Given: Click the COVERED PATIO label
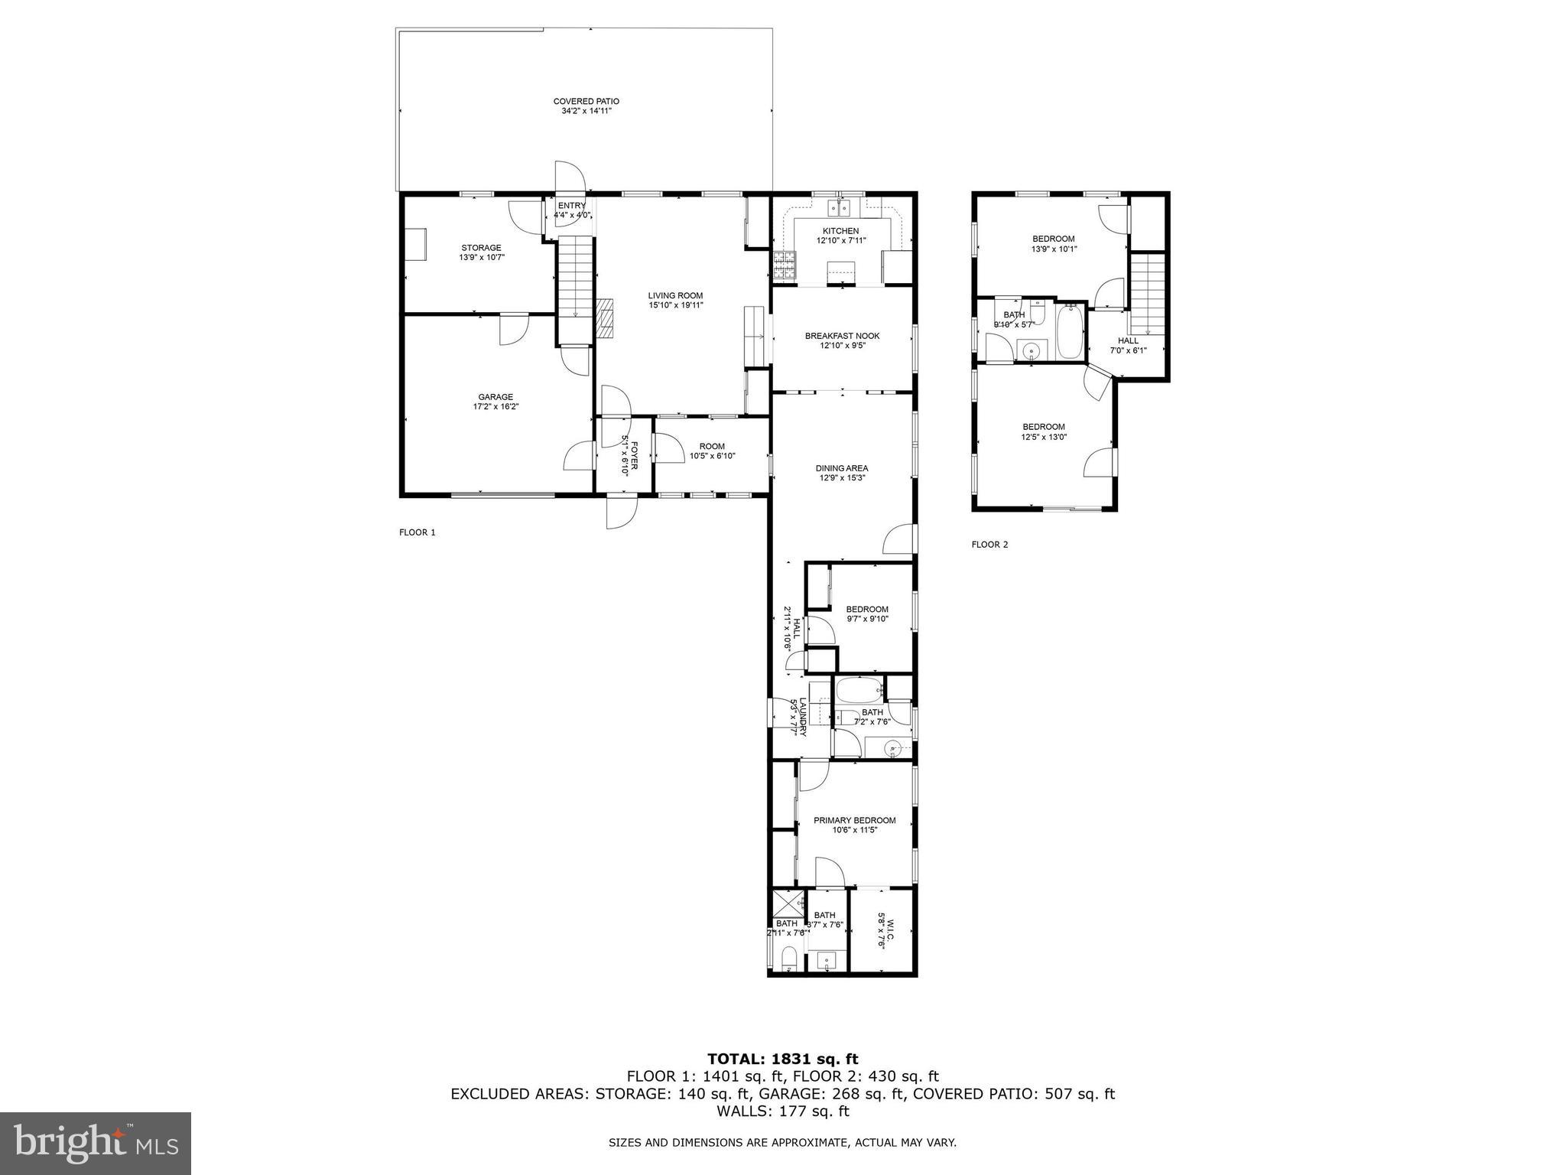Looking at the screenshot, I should (586, 101).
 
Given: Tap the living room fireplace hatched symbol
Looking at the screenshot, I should (606, 317).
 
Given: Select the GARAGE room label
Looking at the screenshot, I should (495, 397).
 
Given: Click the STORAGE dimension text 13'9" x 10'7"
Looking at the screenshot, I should (482, 258).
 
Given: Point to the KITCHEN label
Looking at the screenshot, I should (840, 231).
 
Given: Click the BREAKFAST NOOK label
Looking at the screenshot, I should (842, 336).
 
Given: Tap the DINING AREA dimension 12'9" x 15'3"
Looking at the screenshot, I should (841, 478).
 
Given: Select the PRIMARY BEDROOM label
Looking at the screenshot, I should (854, 820).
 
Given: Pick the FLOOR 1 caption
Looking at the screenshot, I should (417, 532).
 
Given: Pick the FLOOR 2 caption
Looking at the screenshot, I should (989, 545).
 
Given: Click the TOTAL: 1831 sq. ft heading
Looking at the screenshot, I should (782, 1059).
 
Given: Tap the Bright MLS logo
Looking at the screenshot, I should (96, 1144).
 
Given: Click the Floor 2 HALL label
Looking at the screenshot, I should (1128, 341).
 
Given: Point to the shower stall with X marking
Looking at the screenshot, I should (788, 903).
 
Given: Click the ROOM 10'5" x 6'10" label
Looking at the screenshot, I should (712, 447).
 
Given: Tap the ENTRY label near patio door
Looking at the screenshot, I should (571, 206).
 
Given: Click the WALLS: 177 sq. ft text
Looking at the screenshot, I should (782, 1111).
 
